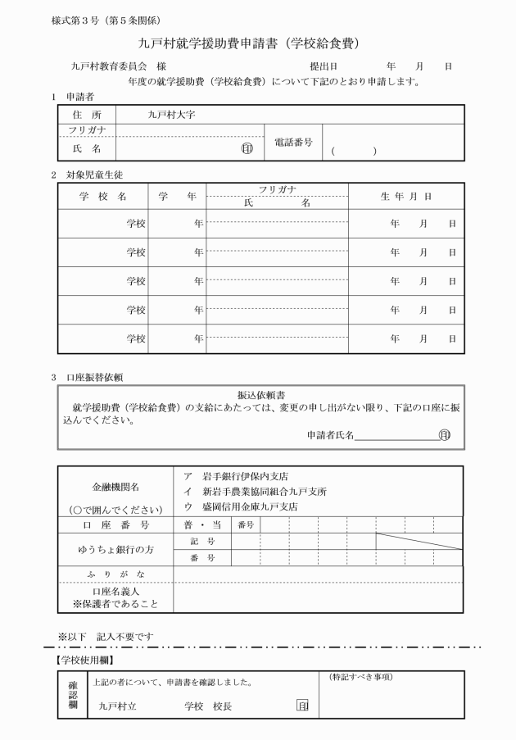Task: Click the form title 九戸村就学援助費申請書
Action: click(x=250, y=43)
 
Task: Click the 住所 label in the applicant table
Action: click(x=86, y=116)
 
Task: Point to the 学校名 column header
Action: click(x=102, y=197)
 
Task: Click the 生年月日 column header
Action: click(x=405, y=197)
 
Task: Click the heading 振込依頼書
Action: click(x=259, y=394)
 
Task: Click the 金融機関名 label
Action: click(x=115, y=486)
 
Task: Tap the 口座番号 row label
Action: click(x=115, y=524)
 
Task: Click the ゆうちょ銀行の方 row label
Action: click(x=115, y=549)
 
